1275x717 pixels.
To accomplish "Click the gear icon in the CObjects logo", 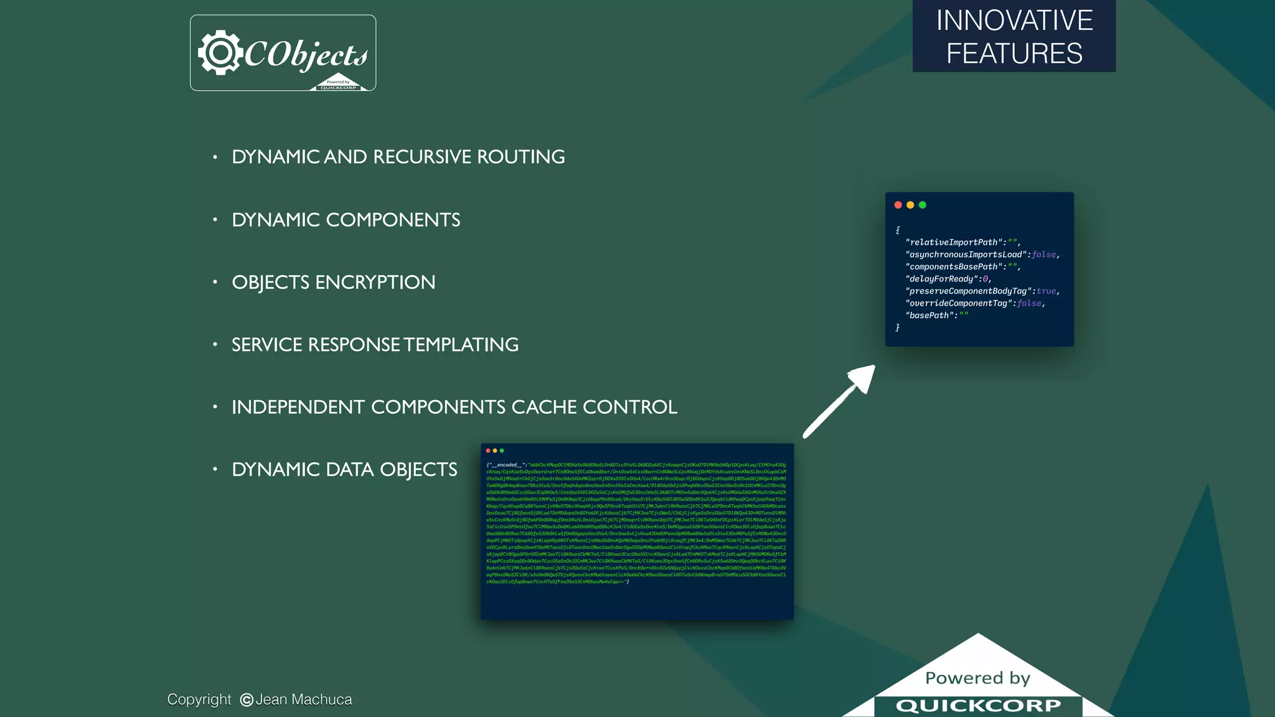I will click(x=219, y=53).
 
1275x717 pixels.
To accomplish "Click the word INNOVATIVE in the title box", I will click(x=1014, y=21).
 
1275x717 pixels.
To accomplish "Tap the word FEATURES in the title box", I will click(x=1014, y=54).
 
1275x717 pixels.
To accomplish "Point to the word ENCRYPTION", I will click(x=375, y=283).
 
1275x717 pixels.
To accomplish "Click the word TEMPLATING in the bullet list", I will click(x=461, y=345).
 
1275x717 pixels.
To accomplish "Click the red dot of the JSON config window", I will click(x=898, y=205).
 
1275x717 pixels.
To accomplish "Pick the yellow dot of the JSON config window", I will click(x=910, y=205).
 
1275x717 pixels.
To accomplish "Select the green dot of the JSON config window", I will click(x=923, y=205).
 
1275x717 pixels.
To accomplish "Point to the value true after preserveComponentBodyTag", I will click(x=1046, y=291).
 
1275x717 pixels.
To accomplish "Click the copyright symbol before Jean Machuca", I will click(x=247, y=700).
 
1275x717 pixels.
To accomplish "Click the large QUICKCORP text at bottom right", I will click(x=978, y=706).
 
